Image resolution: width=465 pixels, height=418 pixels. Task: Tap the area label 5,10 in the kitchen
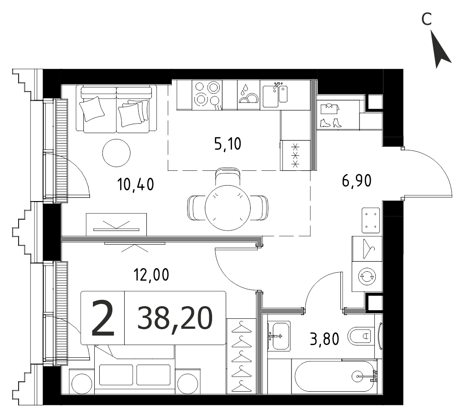[228, 144]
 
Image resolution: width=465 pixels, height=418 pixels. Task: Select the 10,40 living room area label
[136, 184]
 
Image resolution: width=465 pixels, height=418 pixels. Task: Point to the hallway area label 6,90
[357, 180]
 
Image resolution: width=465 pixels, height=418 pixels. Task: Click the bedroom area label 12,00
[151, 274]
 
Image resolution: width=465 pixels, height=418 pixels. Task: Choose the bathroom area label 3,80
[325, 339]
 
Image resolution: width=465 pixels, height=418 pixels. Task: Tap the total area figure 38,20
[175, 318]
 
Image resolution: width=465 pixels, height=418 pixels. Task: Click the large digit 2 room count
[103, 318]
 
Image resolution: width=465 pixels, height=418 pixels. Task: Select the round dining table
[228, 208]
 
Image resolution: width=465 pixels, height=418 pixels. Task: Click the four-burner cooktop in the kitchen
[207, 95]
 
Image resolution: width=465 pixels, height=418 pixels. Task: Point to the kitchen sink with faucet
[275, 95]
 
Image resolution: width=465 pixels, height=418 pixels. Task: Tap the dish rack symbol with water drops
[248, 95]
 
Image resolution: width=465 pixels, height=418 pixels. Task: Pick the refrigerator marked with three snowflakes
[295, 155]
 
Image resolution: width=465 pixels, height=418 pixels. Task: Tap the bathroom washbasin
[279, 336]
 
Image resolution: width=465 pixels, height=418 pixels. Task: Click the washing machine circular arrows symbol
[367, 276]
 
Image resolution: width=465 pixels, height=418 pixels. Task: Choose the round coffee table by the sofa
[116, 153]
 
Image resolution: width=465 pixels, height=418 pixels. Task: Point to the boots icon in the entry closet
[331, 123]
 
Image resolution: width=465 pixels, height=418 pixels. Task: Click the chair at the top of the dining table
[228, 177]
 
